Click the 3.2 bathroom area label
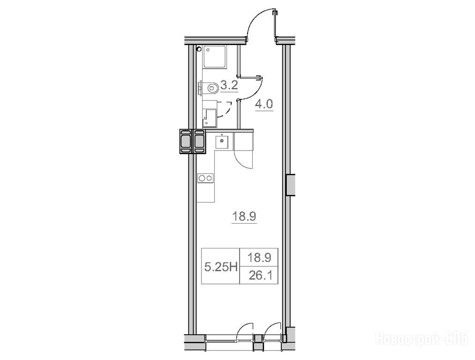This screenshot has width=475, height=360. (229, 86)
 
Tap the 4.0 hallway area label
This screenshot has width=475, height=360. (264, 105)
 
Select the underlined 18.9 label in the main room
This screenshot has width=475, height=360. (244, 217)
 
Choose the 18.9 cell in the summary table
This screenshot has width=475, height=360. (259, 258)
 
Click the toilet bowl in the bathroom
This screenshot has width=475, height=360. (211, 88)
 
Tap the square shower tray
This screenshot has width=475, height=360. (215, 57)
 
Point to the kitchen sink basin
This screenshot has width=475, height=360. (222, 141)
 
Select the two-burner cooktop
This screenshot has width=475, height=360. (206, 178)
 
